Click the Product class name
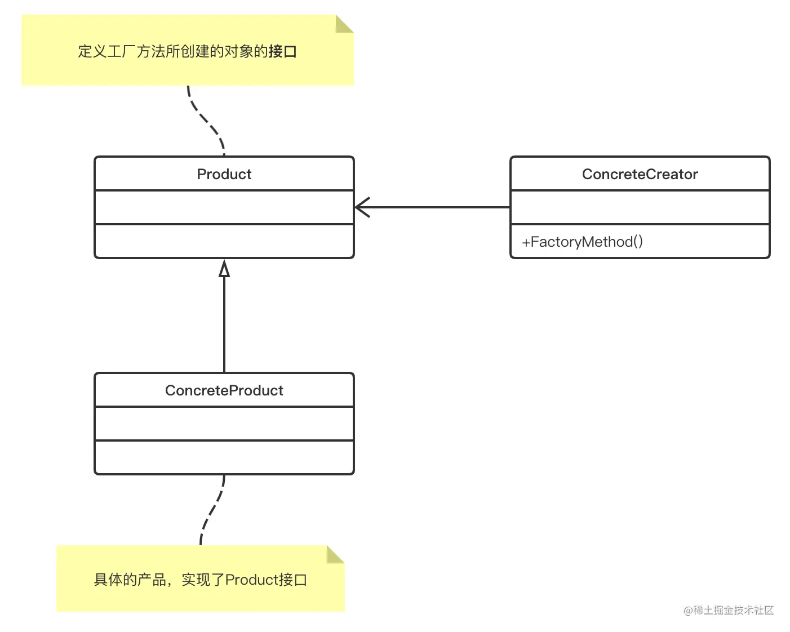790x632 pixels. (x=224, y=174)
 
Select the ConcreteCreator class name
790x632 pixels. (x=640, y=174)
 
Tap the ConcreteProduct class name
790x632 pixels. (x=224, y=390)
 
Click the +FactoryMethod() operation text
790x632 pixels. (x=582, y=242)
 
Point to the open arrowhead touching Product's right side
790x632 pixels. (x=362, y=207)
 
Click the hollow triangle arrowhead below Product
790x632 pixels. (x=224, y=269)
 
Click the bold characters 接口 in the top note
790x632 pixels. (x=283, y=52)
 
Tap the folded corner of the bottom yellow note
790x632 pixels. (x=335, y=554)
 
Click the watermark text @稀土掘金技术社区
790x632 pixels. (x=728, y=610)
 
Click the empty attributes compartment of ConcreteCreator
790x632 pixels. (x=640, y=207)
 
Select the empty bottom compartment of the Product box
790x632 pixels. (x=224, y=241)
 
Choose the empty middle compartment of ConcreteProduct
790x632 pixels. (x=224, y=424)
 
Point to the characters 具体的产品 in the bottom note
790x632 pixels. (x=130, y=580)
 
